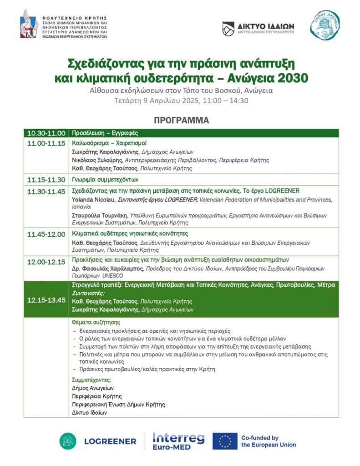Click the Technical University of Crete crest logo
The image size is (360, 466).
29,24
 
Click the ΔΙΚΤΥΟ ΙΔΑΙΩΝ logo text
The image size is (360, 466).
265,26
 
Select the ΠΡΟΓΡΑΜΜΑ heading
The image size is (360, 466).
181,121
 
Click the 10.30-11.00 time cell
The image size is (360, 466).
46,133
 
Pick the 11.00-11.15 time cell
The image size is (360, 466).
46,142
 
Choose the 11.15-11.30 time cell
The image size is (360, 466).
46,179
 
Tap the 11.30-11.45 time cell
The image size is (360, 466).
46,191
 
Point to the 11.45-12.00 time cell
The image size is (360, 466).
46,234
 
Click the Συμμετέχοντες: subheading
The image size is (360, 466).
92,380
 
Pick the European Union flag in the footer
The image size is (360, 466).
225,441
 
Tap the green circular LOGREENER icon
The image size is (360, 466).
68,441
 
